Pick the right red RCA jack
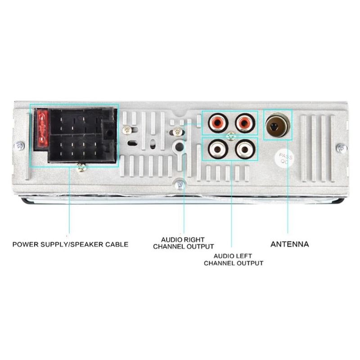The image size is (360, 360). [x=243, y=122]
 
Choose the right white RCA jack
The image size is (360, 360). [x=243, y=148]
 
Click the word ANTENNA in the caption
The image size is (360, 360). [x=289, y=244]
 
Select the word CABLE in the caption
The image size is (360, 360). [x=117, y=244]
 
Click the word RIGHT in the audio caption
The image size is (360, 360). [x=194, y=239]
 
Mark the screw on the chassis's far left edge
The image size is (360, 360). [x=19, y=146]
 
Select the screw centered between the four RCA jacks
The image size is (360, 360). [x=230, y=135]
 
